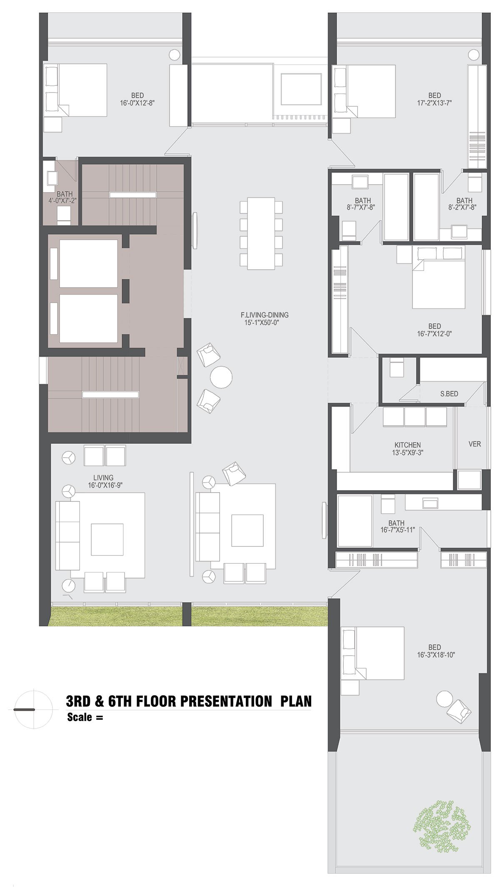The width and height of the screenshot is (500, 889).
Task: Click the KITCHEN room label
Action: click(x=407, y=445)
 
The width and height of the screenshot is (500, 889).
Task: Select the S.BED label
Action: click(x=449, y=393)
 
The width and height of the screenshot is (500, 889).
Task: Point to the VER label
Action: click(x=475, y=444)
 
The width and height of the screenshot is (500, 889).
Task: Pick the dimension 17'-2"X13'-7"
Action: click(x=435, y=103)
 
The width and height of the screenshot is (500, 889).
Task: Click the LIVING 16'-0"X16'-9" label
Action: click(x=105, y=481)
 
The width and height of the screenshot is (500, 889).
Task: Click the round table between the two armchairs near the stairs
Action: click(x=221, y=377)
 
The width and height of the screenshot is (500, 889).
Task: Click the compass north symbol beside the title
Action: click(x=33, y=709)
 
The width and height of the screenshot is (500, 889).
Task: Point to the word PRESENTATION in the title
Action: click(x=227, y=701)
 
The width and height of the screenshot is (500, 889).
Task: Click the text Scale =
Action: click(x=85, y=717)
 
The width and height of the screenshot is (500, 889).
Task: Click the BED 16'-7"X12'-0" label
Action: click(x=435, y=330)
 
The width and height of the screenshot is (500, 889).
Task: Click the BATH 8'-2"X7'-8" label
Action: click(x=464, y=204)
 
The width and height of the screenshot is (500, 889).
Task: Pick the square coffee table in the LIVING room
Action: click(x=107, y=539)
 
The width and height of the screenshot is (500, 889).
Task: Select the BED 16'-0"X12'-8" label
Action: click(x=137, y=99)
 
